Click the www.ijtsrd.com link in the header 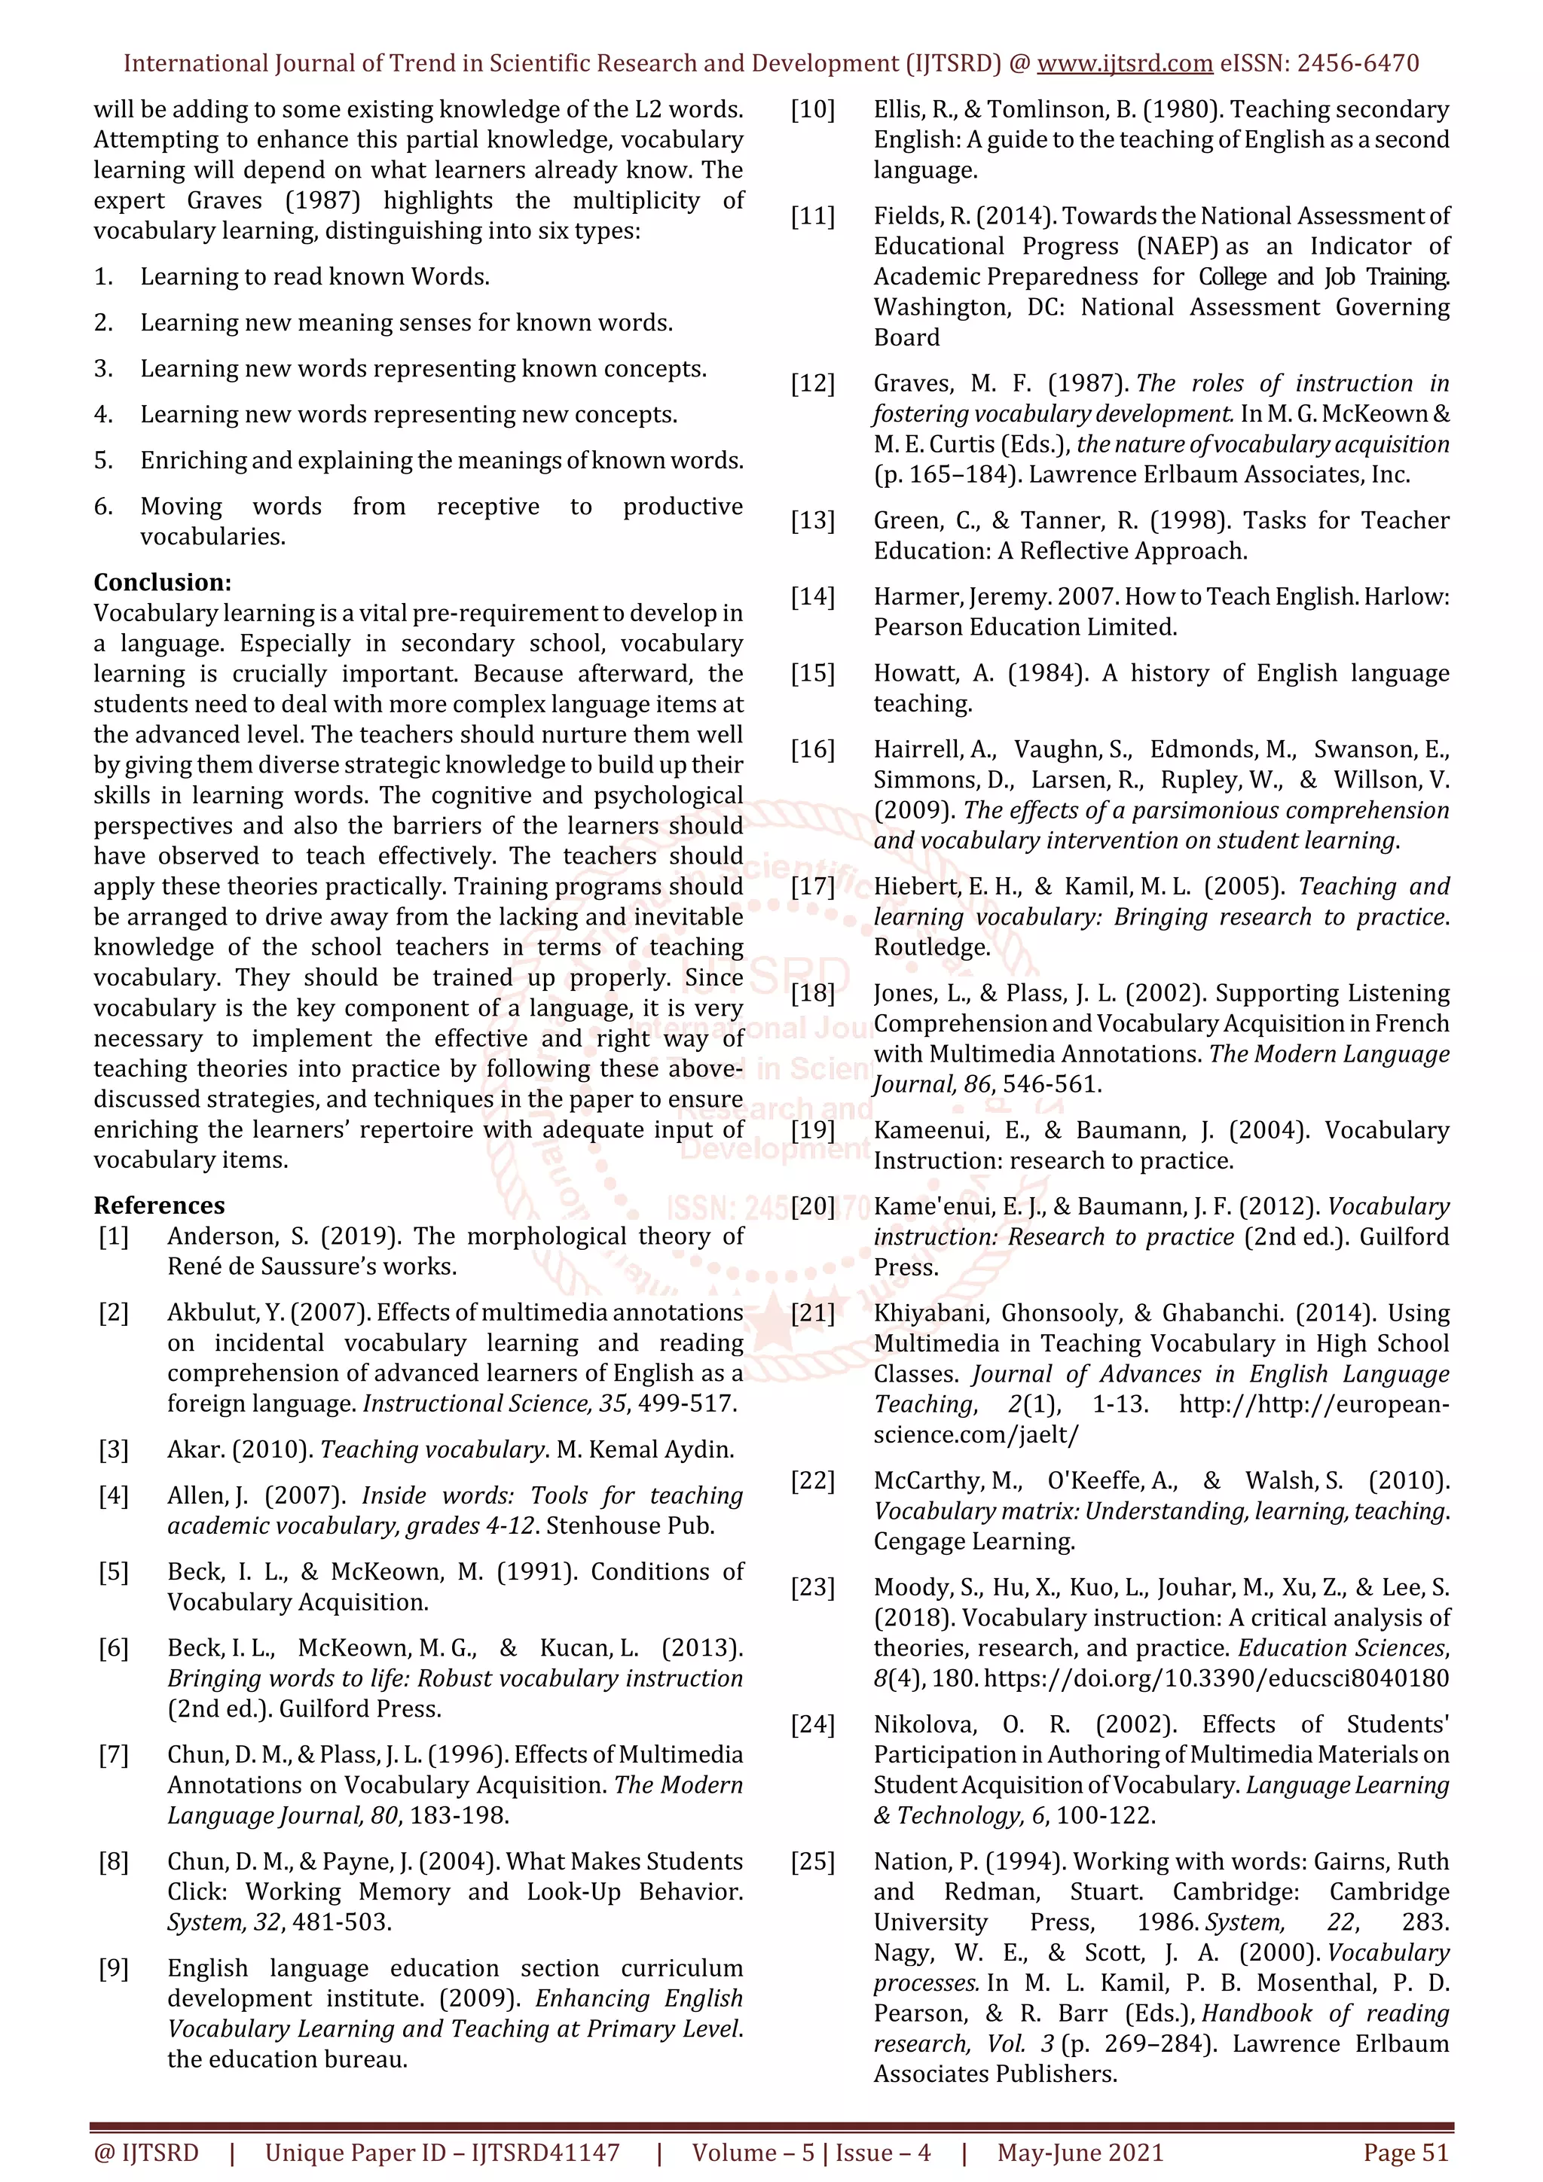1124,64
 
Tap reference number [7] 113,1754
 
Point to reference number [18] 812,993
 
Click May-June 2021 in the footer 1079,2153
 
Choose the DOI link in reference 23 1216,1678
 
